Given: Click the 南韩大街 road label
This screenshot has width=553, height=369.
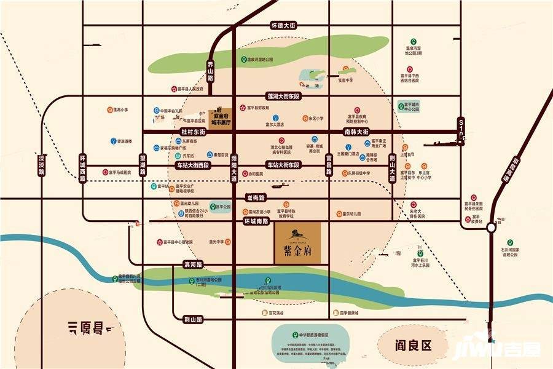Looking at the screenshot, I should coord(356,132).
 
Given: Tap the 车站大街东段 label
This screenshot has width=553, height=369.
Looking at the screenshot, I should coord(283,165).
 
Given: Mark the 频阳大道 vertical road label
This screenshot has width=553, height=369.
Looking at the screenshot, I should coord(233,165).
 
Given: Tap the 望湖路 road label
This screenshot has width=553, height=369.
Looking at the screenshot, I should coord(143,165).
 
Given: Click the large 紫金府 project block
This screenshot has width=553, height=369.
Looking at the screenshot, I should coord(297,244).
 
